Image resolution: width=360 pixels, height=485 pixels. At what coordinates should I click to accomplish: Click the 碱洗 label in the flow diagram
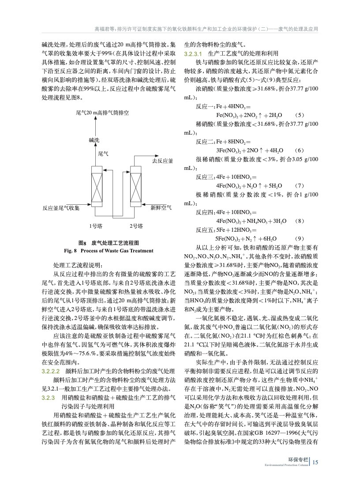click(94, 140)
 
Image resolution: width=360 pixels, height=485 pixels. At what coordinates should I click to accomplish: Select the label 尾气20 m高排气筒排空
click(102, 113)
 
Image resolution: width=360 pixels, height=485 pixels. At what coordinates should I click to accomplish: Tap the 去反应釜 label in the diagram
click(162, 161)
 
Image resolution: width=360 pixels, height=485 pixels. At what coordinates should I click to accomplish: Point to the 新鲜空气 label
click(161, 207)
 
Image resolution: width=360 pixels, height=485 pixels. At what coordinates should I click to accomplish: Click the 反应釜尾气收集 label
click(61, 207)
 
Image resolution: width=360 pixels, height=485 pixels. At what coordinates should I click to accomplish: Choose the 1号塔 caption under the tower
click(96, 226)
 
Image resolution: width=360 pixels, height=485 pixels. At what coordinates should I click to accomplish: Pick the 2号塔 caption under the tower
click(136, 226)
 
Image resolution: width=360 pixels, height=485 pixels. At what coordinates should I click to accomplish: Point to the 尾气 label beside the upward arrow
click(103, 154)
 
